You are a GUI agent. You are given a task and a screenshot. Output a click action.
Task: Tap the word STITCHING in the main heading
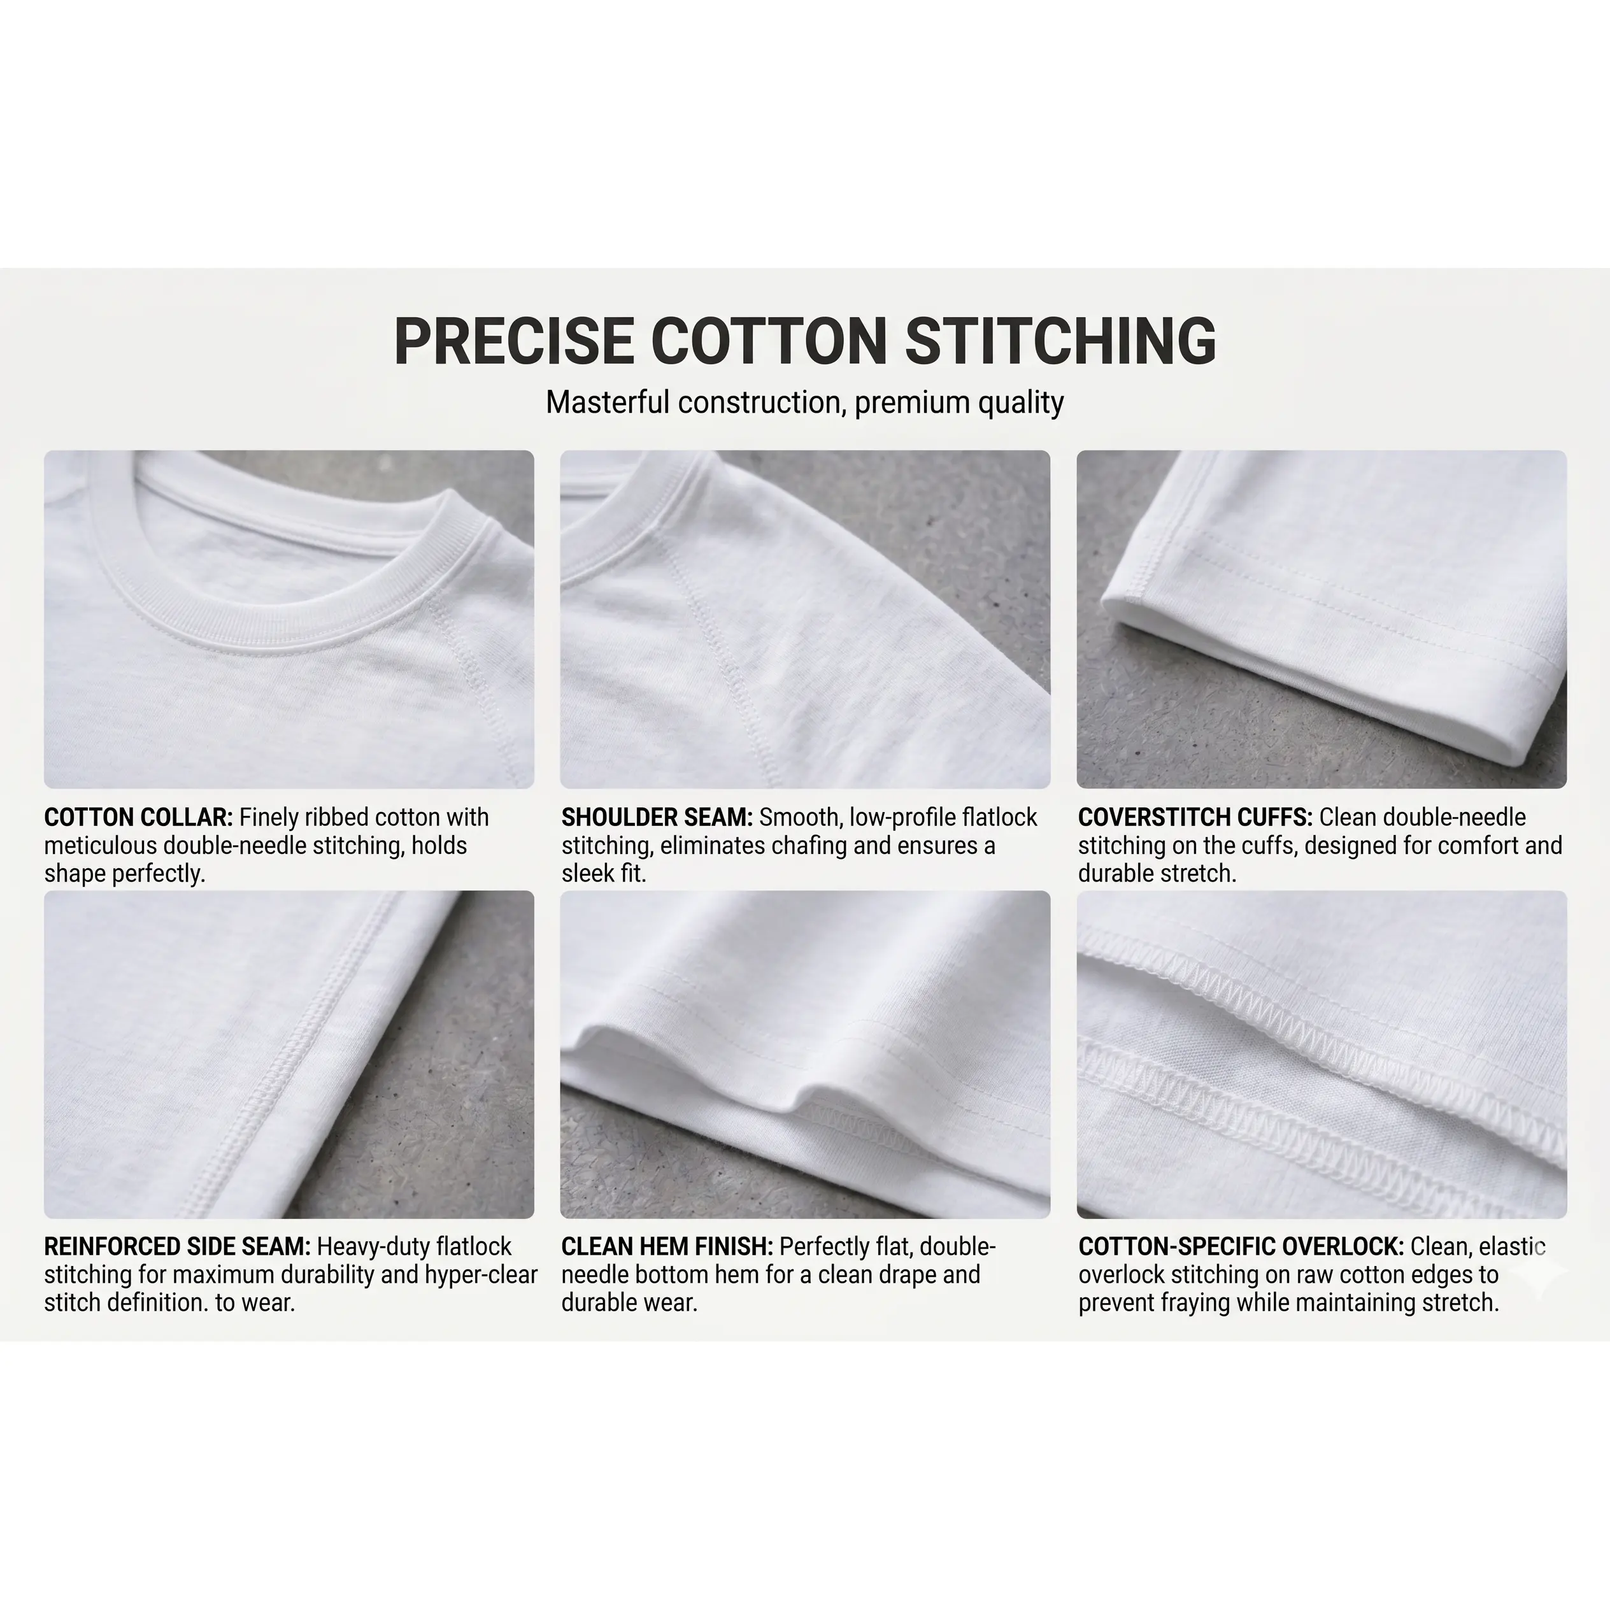[x=1060, y=341]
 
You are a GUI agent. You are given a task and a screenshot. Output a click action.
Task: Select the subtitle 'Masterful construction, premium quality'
[x=804, y=402]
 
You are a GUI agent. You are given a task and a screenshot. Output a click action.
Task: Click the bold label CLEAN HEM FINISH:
[x=667, y=1246]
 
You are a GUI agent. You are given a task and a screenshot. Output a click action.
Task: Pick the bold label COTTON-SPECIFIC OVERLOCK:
[x=1241, y=1246]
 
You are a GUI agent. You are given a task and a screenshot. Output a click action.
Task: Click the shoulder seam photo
[x=805, y=619]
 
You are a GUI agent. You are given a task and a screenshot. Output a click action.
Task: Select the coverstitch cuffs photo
[x=1321, y=619]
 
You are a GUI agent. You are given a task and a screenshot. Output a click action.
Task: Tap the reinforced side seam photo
[x=289, y=1054]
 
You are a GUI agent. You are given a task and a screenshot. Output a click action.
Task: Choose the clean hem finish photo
[x=805, y=1054]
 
